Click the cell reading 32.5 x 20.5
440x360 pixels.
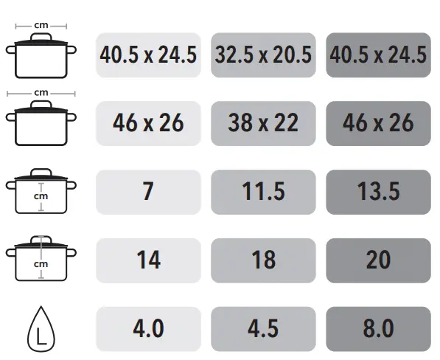(x=263, y=55)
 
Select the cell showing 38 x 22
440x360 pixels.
(x=263, y=123)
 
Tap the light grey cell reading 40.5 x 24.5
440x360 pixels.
(x=148, y=55)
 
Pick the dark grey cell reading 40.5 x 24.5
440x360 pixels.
(x=378, y=55)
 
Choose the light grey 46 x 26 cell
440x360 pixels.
(x=148, y=123)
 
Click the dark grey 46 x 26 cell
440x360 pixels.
(x=378, y=123)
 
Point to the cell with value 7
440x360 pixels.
(x=148, y=192)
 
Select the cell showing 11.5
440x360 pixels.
(x=263, y=192)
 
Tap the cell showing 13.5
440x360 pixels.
(x=378, y=192)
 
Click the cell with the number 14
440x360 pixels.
(x=148, y=260)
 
